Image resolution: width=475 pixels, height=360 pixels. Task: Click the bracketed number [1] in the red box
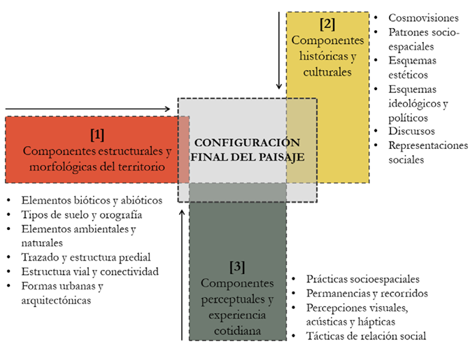[x=97, y=133]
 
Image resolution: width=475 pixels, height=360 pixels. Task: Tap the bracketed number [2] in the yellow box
[x=327, y=24]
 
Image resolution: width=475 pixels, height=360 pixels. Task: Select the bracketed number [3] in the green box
[x=237, y=266]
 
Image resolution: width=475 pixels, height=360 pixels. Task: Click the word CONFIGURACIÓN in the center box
[x=248, y=141]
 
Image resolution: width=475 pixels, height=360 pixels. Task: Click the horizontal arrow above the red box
[x=87, y=108]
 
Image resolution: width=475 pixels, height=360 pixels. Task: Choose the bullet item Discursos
[x=412, y=131]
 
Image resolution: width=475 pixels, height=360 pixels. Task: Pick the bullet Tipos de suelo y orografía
[x=82, y=214]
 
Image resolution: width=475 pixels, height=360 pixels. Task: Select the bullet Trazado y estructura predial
[x=86, y=257]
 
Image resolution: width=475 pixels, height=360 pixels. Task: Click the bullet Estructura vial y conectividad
[x=90, y=271]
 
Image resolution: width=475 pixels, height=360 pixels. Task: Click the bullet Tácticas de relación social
[x=366, y=336]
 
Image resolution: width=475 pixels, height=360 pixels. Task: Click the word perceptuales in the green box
[x=237, y=299]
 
